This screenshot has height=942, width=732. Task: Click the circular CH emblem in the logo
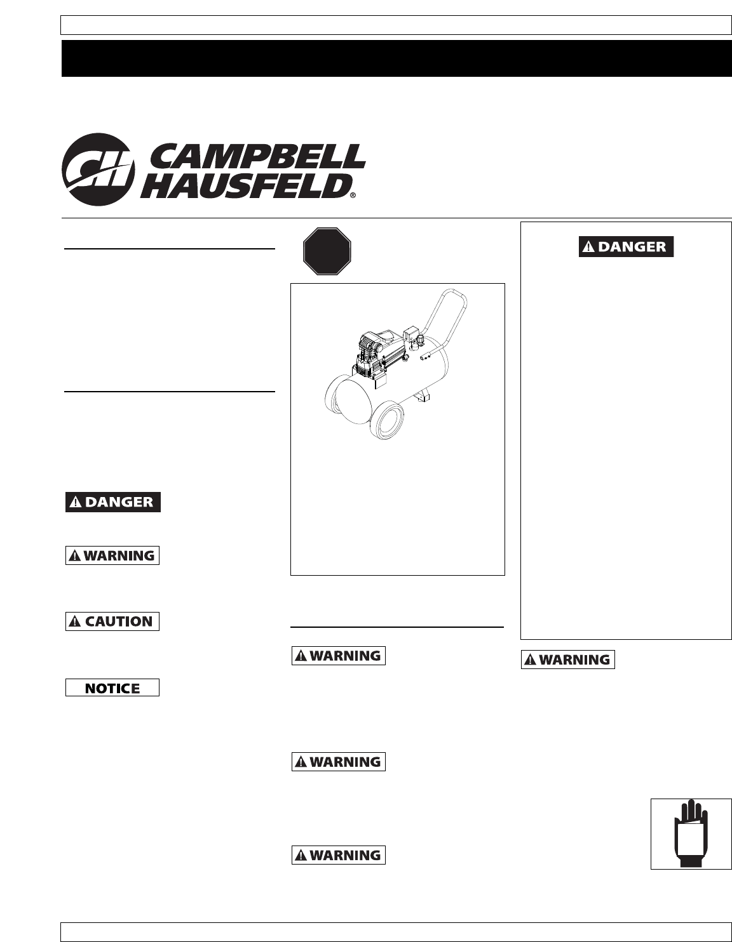pyautogui.click(x=98, y=169)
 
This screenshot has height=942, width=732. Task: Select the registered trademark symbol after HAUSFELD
pyautogui.click(x=353, y=196)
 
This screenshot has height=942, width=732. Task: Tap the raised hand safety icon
pyautogui.click(x=691, y=833)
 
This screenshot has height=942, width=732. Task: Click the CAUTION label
pyautogui.click(x=112, y=621)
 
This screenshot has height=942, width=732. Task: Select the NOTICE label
pyautogui.click(x=112, y=688)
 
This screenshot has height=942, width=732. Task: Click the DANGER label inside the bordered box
pyautogui.click(x=626, y=247)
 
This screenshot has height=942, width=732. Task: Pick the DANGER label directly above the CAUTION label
pyautogui.click(x=113, y=502)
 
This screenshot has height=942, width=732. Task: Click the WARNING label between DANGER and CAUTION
pyautogui.click(x=112, y=555)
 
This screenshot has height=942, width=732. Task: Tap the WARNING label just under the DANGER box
pyautogui.click(x=568, y=660)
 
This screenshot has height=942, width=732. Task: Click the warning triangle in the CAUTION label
pyautogui.click(x=76, y=621)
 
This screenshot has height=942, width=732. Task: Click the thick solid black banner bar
pyautogui.click(x=396, y=58)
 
